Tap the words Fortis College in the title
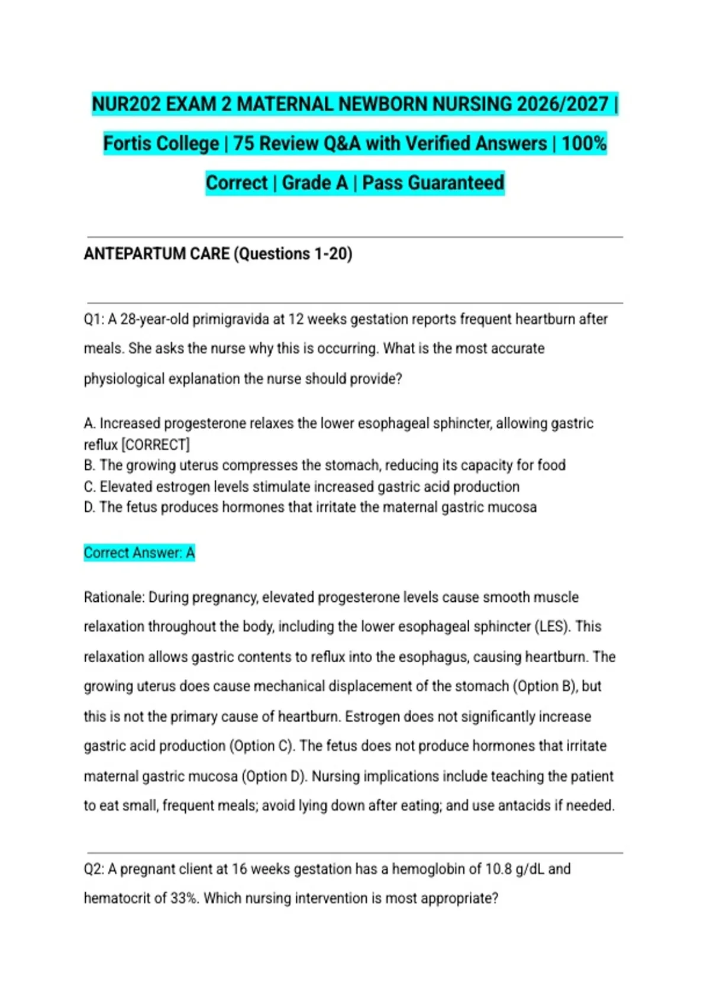pyautogui.click(x=161, y=144)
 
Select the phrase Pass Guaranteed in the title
pyautogui.click(x=433, y=183)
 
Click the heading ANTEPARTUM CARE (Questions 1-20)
pyautogui.click(x=218, y=254)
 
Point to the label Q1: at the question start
pyautogui.click(x=94, y=320)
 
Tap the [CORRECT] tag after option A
pyautogui.click(x=155, y=444)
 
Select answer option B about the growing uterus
pyautogui.click(x=324, y=465)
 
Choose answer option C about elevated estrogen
pyautogui.click(x=302, y=486)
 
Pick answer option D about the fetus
pyautogui.click(x=310, y=507)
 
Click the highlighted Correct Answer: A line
pyautogui.click(x=139, y=553)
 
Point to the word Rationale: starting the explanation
pyautogui.click(x=114, y=597)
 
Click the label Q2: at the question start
pyautogui.click(x=94, y=869)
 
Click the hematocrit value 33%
pyautogui.click(x=183, y=899)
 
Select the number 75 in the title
pyautogui.click(x=244, y=144)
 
